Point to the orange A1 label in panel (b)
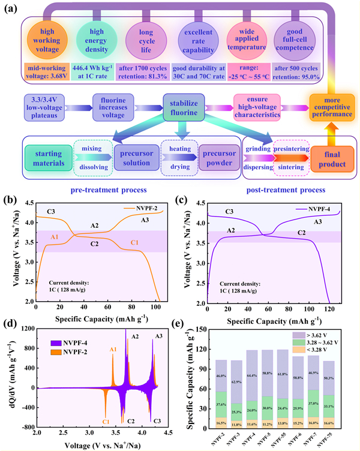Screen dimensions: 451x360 coord(55,237)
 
